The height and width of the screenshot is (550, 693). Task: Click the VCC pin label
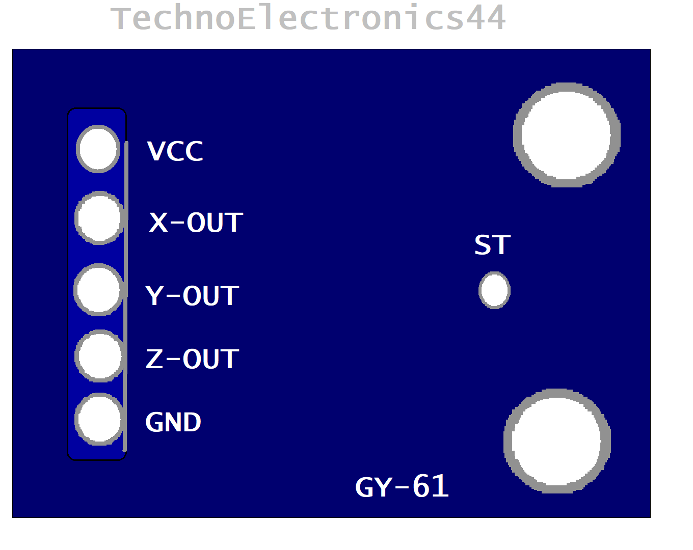point(175,151)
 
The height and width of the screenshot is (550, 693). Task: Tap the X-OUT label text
point(196,223)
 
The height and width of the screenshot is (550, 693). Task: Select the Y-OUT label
point(192,296)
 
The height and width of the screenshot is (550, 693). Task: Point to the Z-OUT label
point(192,359)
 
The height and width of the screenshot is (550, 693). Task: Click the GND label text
point(173,422)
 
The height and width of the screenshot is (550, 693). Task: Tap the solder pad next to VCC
point(98,149)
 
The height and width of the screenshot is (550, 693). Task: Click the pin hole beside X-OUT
point(100,218)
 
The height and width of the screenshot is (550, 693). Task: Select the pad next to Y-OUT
point(99,290)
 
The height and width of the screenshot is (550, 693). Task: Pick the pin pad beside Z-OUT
point(100,356)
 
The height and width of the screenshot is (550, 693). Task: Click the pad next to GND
point(100,419)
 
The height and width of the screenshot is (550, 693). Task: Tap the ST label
point(492,245)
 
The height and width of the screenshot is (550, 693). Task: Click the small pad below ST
point(494,290)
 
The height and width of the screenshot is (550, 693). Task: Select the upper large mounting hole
point(567,135)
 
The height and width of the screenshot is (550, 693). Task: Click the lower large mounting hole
point(557,441)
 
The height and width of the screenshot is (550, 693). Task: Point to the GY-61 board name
point(402,487)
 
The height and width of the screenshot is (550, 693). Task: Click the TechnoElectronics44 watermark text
point(308,18)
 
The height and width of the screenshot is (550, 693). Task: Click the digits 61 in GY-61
point(431,486)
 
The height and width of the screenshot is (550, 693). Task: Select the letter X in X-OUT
point(158,223)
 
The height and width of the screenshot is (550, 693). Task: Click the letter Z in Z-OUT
point(154,359)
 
